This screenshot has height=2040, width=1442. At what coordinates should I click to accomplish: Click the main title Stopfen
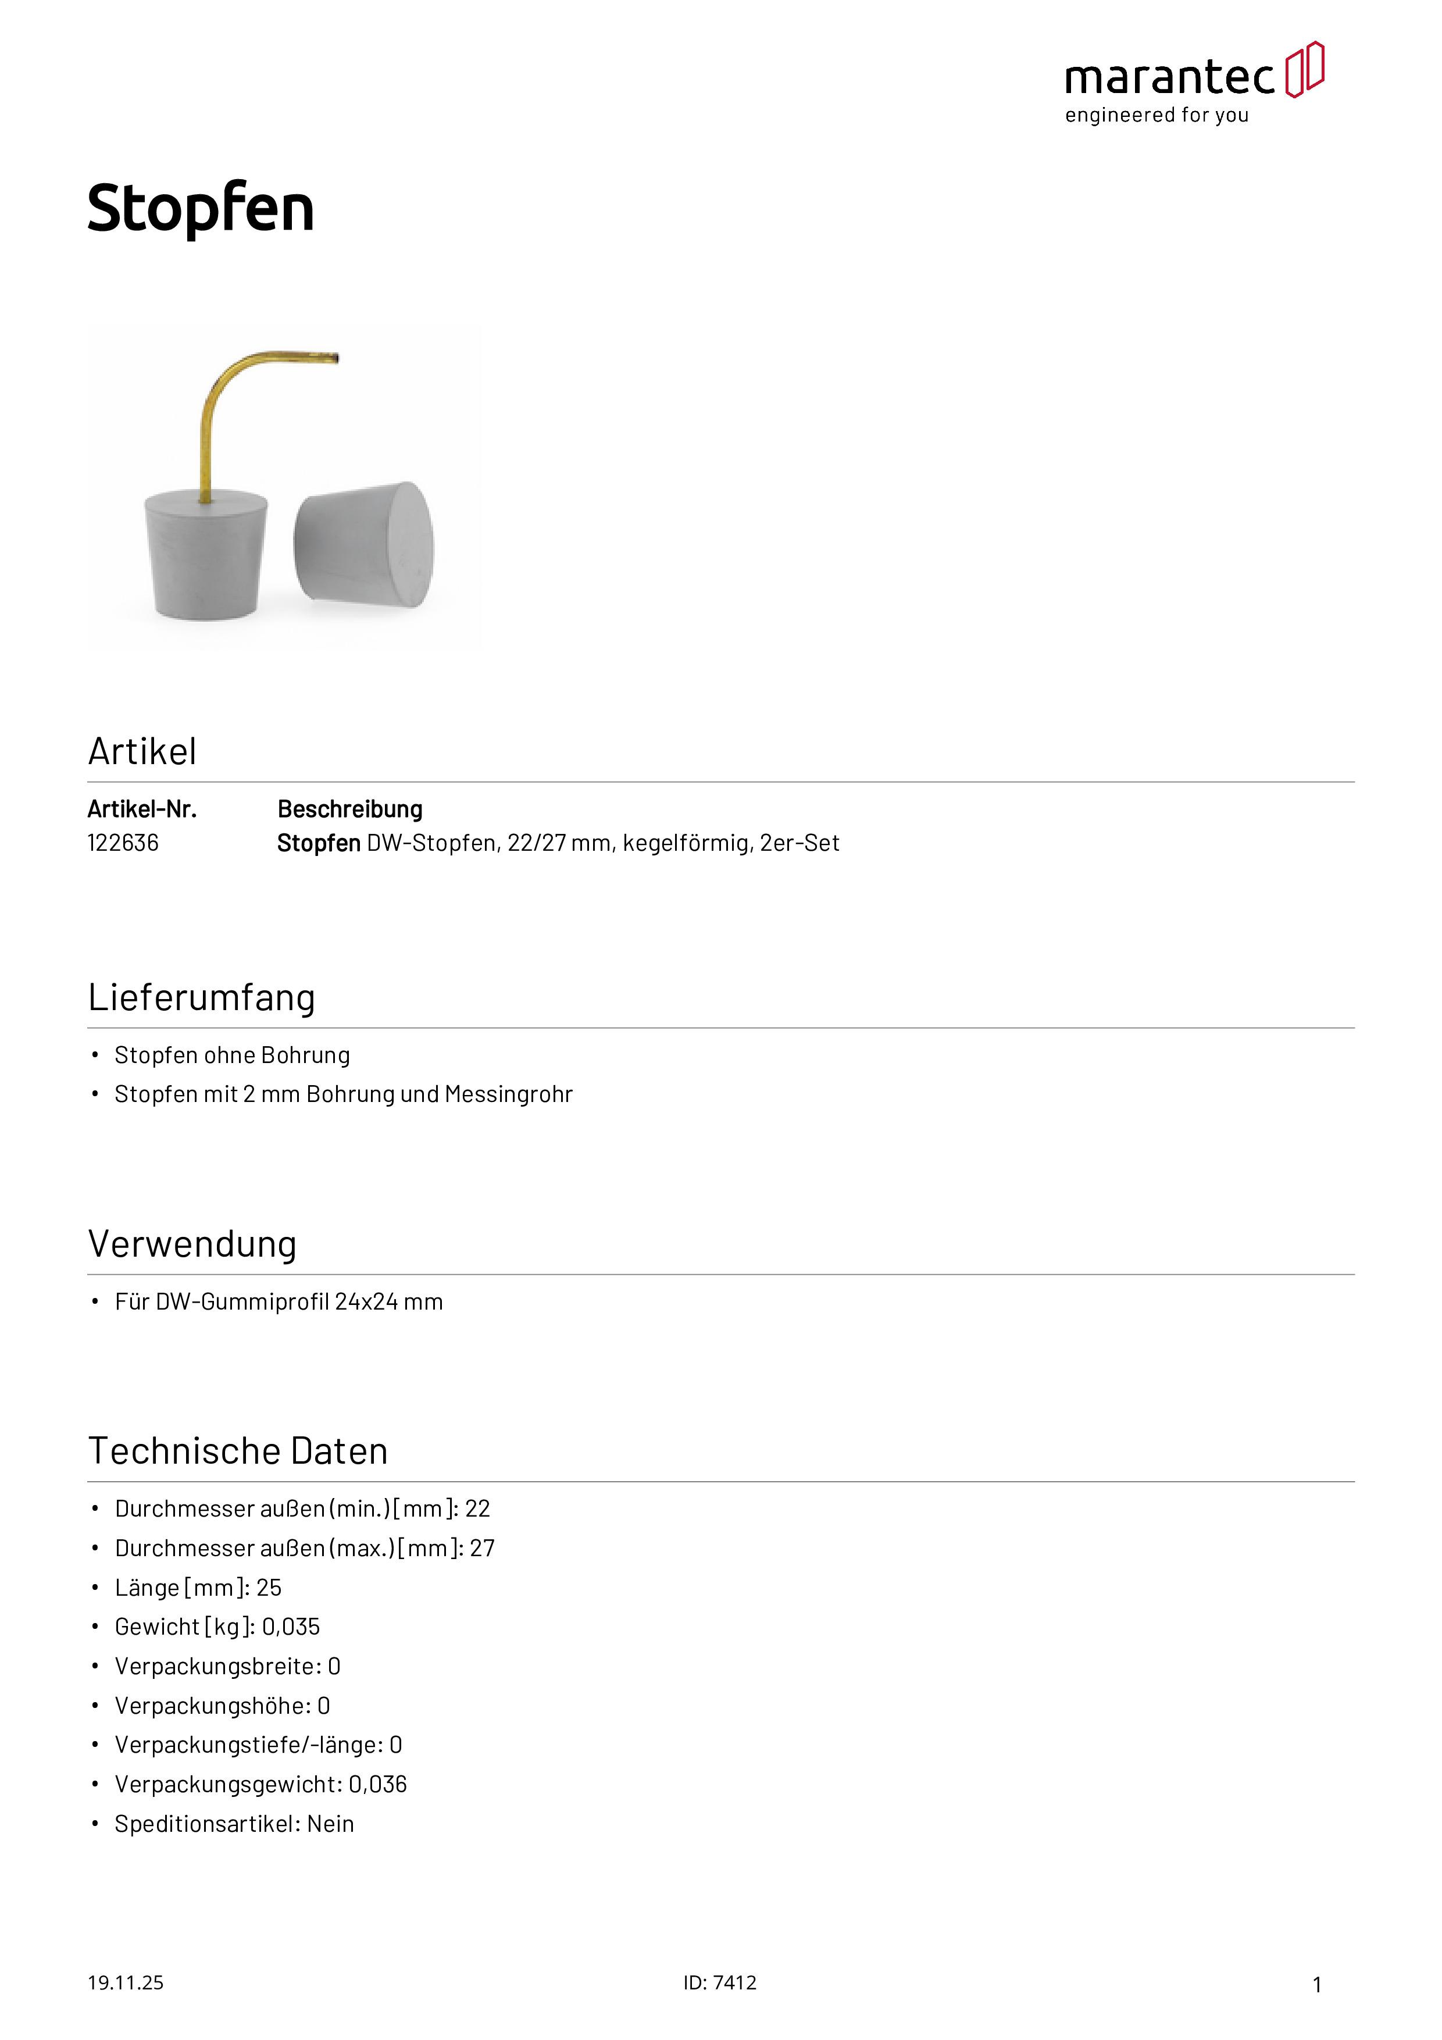pyautogui.click(x=201, y=209)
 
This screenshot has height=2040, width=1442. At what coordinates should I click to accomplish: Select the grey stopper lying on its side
pyautogui.click(x=364, y=545)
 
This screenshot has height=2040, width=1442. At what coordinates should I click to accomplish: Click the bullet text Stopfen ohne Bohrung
pyautogui.click(x=232, y=1055)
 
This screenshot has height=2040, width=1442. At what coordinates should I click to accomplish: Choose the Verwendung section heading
pyautogui.click(x=192, y=1244)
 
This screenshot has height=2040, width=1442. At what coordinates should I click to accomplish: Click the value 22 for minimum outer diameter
pyautogui.click(x=478, y=1508)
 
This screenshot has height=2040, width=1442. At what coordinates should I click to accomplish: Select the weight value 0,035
pyautogui.click(x=291, y=1627)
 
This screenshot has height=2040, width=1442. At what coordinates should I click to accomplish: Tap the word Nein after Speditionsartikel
pyautogui.click(x=330, y=1824)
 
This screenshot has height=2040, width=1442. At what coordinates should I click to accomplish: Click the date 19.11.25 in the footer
pyautogui.click(x=125, y=1982)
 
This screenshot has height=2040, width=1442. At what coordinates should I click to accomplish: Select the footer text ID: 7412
pyautogui.click(x=720, y=1982)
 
